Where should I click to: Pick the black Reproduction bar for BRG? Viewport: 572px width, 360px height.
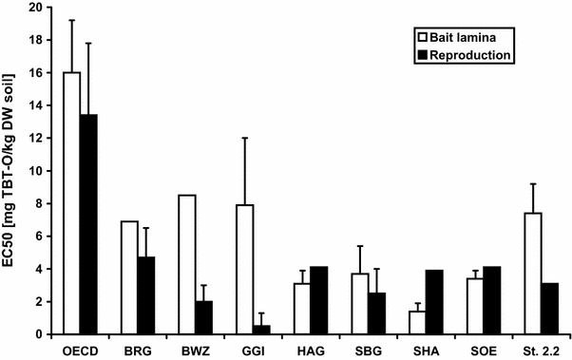click(x=146, y=295)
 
